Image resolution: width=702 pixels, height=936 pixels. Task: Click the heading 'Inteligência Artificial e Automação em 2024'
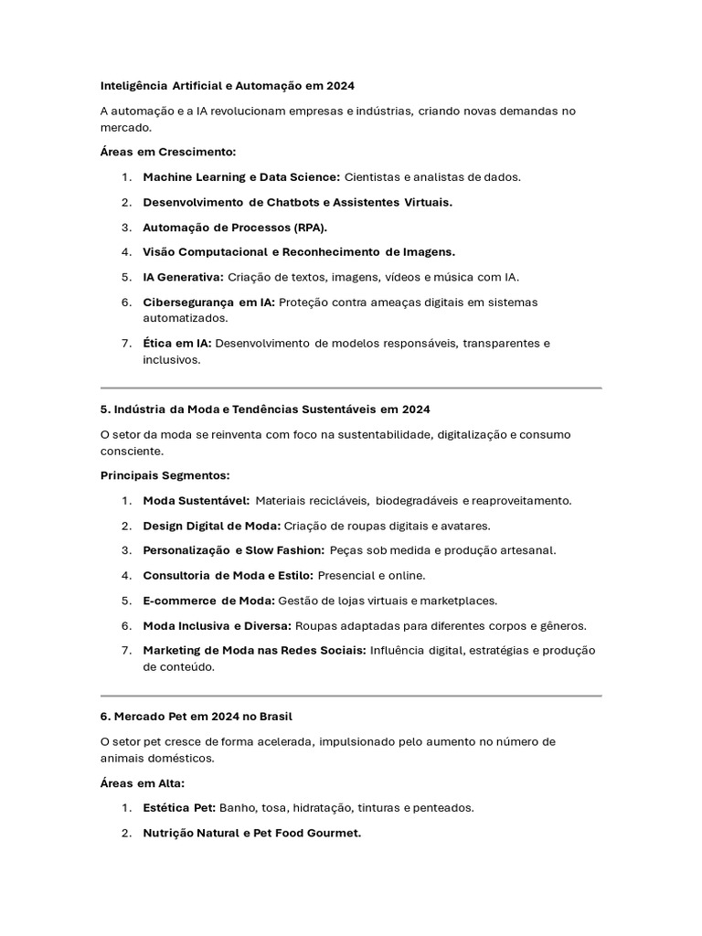click(227, 85)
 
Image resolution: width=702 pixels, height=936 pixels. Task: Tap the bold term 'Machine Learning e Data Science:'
click(241, 176)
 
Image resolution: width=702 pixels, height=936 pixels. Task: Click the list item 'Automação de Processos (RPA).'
click(234, 227)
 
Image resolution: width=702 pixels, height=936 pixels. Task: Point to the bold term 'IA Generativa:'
click(183, 276)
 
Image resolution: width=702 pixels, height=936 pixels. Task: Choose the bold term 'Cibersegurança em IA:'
click(208, 302)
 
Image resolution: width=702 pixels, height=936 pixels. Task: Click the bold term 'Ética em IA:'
click(177, 343)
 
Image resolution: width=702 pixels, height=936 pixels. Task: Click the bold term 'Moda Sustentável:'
click(196, 500)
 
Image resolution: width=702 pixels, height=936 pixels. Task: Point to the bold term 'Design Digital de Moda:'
click(211, 526)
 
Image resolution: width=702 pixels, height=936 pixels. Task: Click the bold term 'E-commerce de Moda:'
click(208, 601)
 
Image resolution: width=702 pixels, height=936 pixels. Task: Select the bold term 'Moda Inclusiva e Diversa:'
click(217, 625)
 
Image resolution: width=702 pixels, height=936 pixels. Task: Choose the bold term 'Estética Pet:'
click(179, 808)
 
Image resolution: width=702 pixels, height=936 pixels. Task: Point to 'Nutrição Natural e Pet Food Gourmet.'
click(251, 833)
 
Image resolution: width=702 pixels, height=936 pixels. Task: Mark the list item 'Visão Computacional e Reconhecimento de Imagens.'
click(298, 251)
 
